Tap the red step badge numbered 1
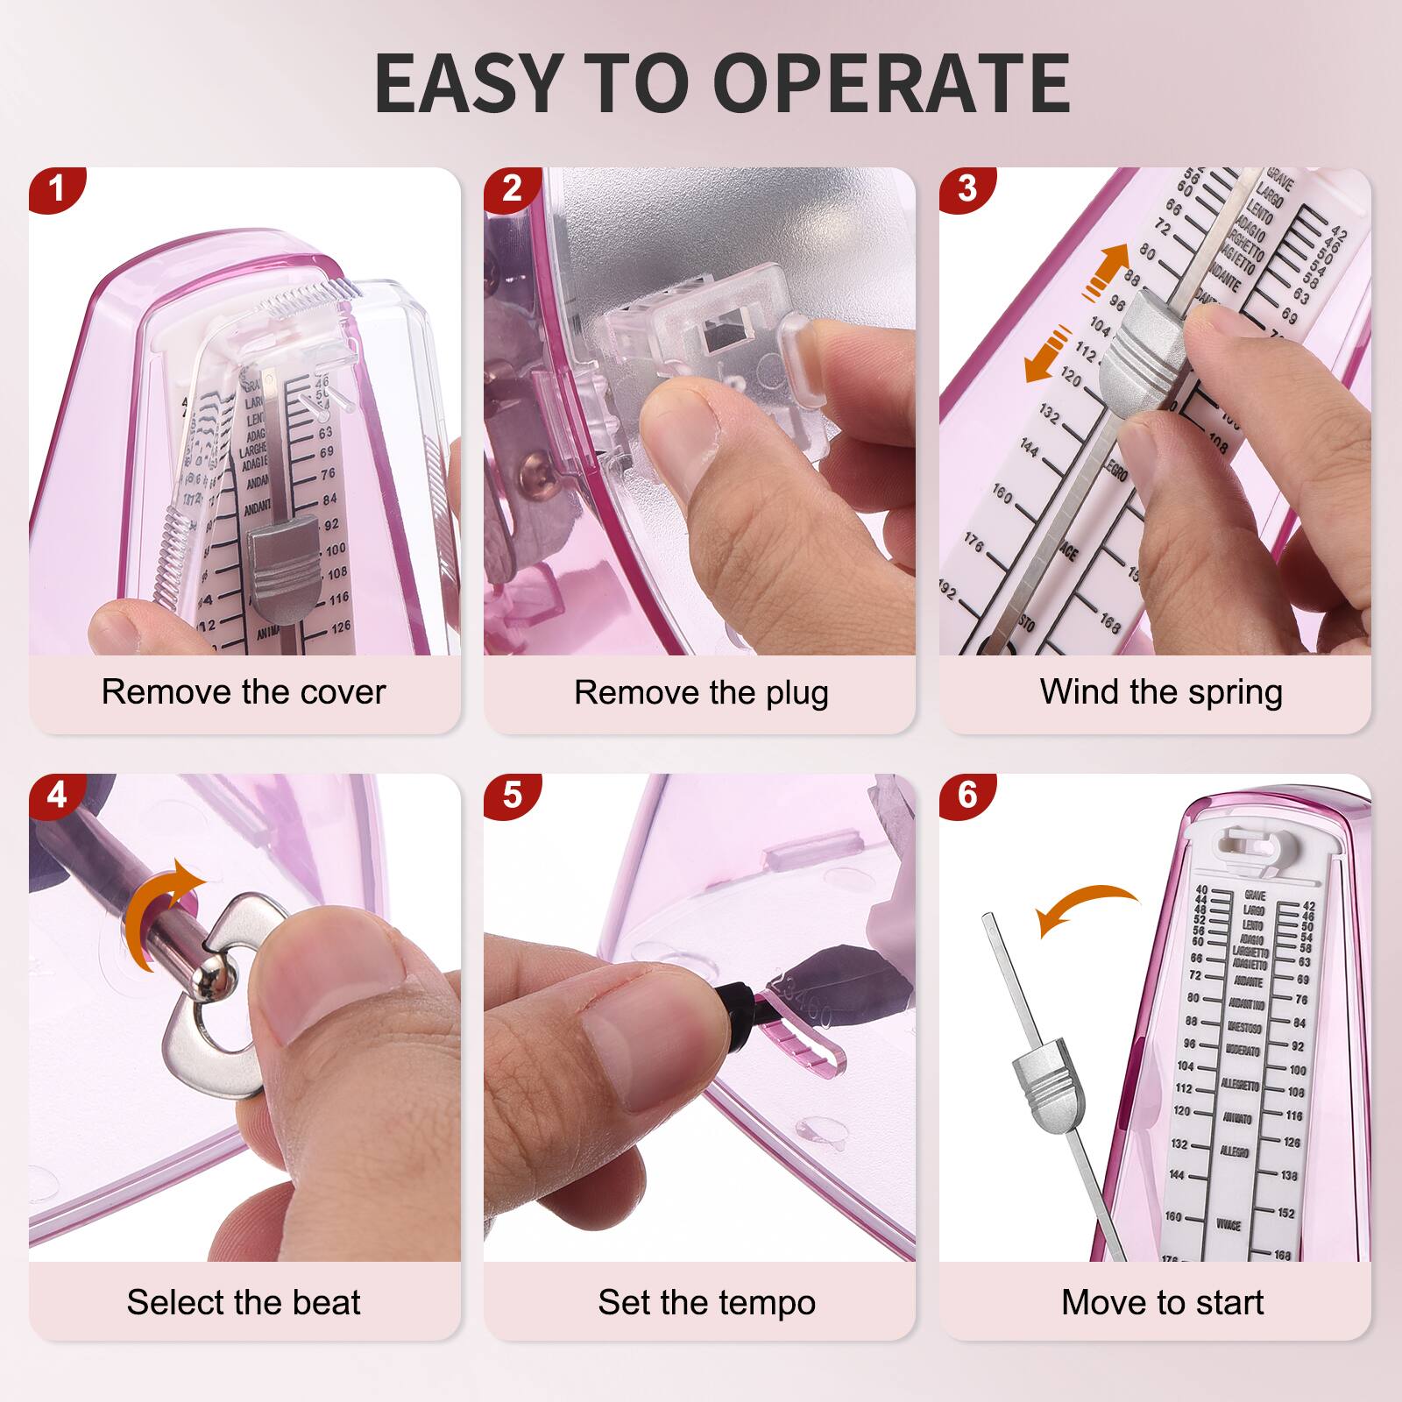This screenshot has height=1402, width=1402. [x=57, y=188]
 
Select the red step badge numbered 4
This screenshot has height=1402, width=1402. [x=57, y=795]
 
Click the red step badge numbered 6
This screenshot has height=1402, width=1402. [x=967, y=795]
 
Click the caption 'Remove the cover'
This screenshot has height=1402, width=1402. [x=244, y=692]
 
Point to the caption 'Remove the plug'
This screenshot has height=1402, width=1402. [x=701, y=692]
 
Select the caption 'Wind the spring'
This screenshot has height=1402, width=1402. [x=1161, y=692]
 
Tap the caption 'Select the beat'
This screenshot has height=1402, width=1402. [x=244, y=1302]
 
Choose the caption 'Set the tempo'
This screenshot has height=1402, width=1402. [x=706, y=1302]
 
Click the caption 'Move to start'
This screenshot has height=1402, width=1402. [x=1162, y=1302]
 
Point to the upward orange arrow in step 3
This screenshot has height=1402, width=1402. [x=1106, y=265]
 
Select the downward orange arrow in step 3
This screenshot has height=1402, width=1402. [x=1048, y=354]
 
